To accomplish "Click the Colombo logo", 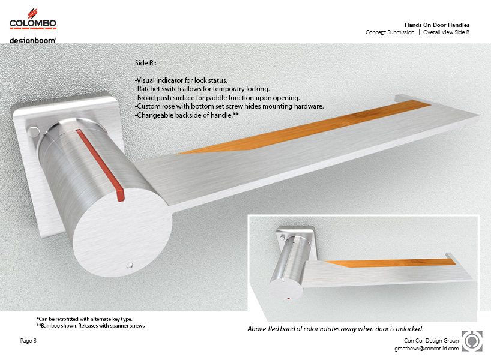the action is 33,19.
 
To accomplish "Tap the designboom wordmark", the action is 32,40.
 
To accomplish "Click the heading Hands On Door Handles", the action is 437,25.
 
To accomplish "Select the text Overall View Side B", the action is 446,32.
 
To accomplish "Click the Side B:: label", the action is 146,63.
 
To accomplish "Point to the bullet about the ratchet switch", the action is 202,89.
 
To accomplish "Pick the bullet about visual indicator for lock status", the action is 181,80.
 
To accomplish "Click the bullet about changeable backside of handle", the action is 187,115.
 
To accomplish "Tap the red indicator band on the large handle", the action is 100,164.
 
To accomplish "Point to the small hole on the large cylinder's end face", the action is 130,265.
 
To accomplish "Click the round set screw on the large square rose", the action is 32,131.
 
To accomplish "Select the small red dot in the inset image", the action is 288,298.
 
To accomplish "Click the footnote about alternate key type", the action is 84,319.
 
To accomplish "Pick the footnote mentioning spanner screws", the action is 91,326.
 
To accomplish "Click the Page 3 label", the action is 28,340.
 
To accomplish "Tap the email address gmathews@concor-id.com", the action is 427,349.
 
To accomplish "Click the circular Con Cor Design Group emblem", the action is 472,341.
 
